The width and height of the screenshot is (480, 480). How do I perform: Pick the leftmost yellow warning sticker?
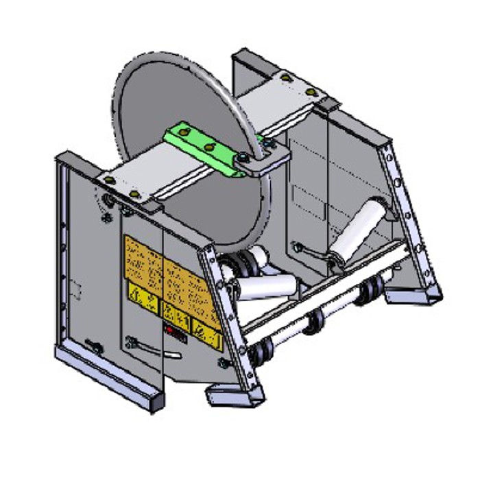[x=141, y=296]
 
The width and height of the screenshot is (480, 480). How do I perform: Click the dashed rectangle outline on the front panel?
[x=77, y=291]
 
